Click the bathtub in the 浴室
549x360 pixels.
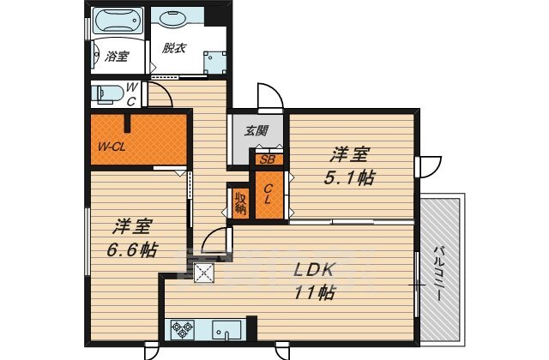click(118, 21)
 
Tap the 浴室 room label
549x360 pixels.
click(118, 56)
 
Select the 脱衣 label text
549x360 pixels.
click(173, 48)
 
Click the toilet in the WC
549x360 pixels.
click(108, 94)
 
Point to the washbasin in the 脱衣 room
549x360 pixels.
click(173, 19)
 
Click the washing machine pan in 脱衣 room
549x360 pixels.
click(215, 63)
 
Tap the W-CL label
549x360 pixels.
click(112, 147)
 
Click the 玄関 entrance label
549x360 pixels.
click(256, 131)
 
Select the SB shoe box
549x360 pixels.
click(268, 159)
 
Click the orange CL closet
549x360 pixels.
click(268, 195)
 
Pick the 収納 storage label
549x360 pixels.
click(241, 204)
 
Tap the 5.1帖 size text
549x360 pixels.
click(349, 178)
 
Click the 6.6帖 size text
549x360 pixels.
click(132, 249)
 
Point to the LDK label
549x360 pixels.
click(313, 270)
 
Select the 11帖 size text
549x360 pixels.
click(314, 293)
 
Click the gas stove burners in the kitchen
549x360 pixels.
click(183, 329)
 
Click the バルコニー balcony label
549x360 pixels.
click(439, 273)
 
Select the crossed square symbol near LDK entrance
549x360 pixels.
click(204, 272)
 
